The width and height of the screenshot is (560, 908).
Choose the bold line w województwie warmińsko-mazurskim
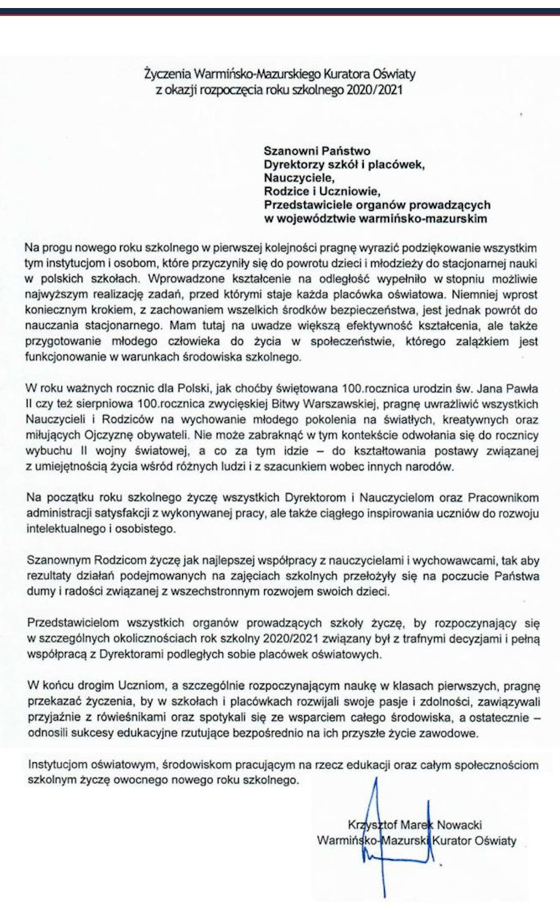click(x=375, y=217)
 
